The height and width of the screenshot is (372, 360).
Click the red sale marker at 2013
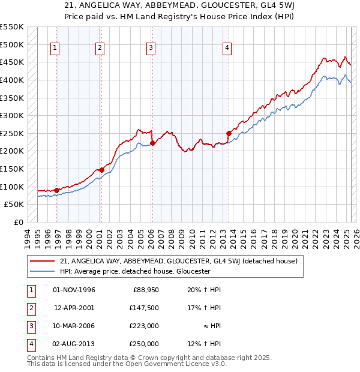(x=229, y=133)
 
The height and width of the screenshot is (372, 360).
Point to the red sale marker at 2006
(x=152, y=143)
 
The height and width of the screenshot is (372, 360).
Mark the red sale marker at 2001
(x=101, y=170)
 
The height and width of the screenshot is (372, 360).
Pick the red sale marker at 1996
(x=56, y=190)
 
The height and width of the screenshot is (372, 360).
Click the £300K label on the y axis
(x=11, y=115)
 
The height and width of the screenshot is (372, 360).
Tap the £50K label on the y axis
(x=14, y=204)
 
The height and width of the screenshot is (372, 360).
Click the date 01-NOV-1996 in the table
(x=74, y=290)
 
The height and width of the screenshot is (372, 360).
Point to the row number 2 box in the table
(x=29, y=308)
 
